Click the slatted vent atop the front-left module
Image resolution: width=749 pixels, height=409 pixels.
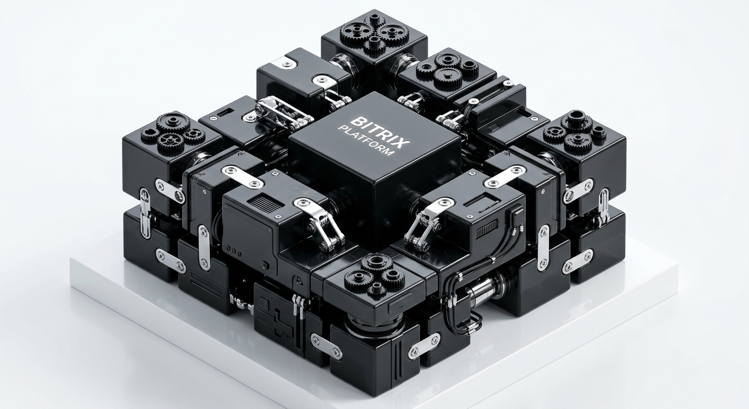click(x=263, y=203)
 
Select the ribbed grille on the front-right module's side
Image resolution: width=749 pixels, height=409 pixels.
click(x=487, y=230)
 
